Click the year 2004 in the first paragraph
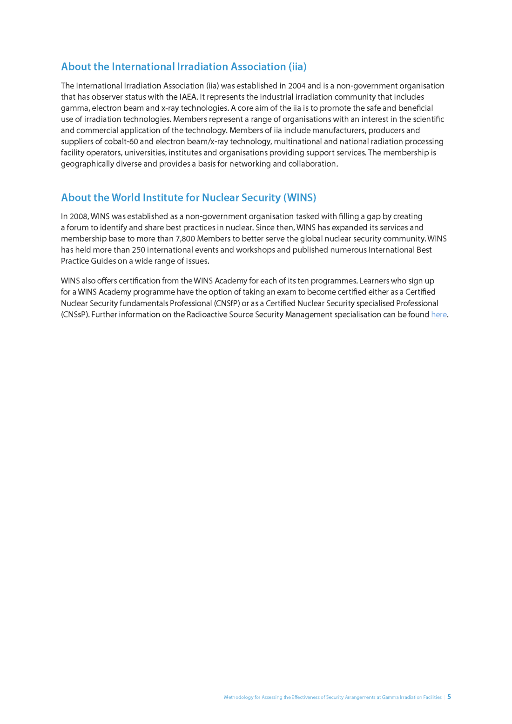tap(297, 86)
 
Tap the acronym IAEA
tap(188, 97)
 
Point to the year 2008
tap(79, 216)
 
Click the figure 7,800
tap(185, 239)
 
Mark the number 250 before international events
tap(139, 250)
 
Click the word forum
tap(77, 228)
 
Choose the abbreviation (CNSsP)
tap(75, 315)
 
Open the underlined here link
tap(438, 315)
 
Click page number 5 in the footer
tap(449, 697)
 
